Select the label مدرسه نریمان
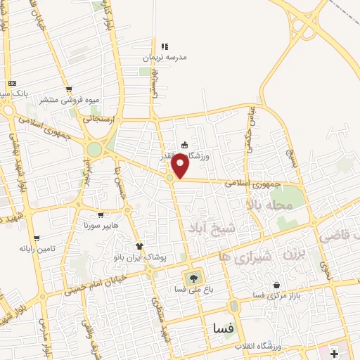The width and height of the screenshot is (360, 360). coord(165,57)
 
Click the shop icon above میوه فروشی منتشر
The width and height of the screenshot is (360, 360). coord(69,89)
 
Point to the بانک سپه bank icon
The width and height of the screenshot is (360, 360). coord(12,83)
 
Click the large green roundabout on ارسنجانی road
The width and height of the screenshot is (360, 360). coord(94,149)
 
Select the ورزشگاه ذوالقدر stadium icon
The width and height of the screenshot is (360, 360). coord(184,146)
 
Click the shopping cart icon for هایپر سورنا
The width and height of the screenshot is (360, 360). coord(101,215)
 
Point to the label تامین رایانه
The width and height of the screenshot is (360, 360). coord(37,248)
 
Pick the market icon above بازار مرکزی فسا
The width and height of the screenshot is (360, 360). coord(276,285)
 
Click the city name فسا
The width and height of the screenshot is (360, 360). coord(224,328)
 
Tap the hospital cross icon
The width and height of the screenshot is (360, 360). coord(333,352)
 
